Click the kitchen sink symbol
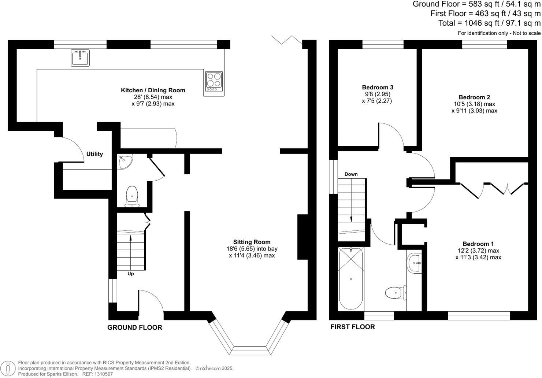click(80, 58)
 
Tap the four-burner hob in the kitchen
click(214, 81)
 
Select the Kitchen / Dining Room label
click(153, 90)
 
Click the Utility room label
click(94, 154)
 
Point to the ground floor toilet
click(132, 196)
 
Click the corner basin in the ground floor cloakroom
click(125, 162)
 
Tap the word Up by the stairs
click(131, 274)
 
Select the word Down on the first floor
click(351, 174)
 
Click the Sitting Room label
click(252, 242)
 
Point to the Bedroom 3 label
click(378, 88)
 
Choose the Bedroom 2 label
click(474, 97)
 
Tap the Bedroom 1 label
click(478, 244)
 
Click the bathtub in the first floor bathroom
click(351, 278)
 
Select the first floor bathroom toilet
click(396, 293)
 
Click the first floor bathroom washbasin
click(414, 263)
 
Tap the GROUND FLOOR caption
click(134, 327)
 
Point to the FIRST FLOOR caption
click(353, 327)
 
